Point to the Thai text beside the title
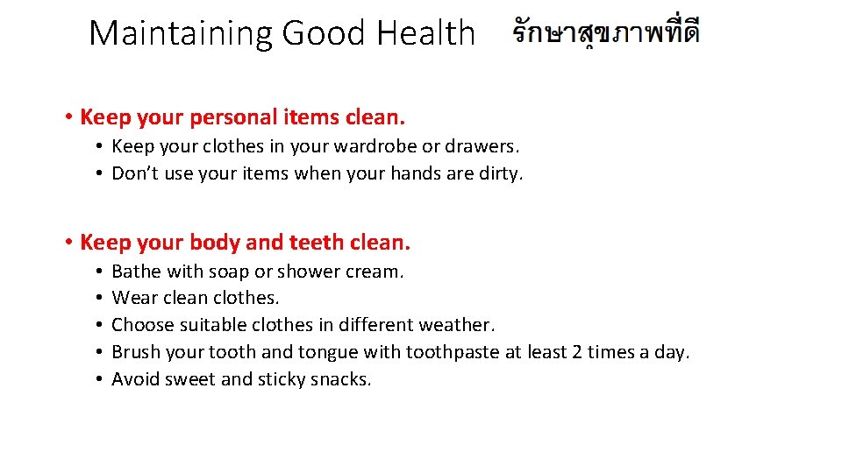606,32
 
